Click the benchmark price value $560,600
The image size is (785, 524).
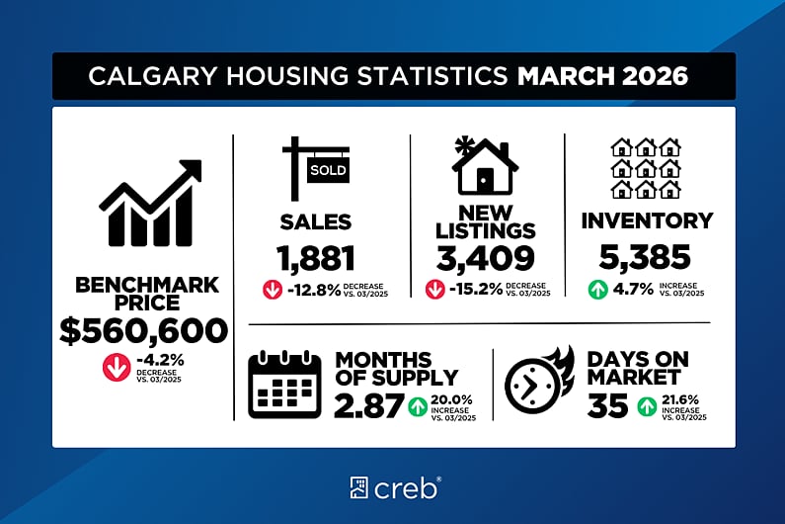click(x=142, y=331)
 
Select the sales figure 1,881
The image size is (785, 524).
click(x=315, y=259)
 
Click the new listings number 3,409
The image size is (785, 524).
click(x=486, y=259)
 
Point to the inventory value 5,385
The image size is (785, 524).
click(x=646, y=259)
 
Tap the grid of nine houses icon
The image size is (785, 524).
click(x=646, y=167)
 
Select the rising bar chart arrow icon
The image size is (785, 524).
click(x=149, y=203)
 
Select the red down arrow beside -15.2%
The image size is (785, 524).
click(x=434, y=291)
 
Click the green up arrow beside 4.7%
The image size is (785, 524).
click(x=596, y=291)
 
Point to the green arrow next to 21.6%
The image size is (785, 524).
click(x=648, y=405)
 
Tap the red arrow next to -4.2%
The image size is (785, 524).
click(x=116, y=367)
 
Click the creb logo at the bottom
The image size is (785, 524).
click(x=394, y=486)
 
